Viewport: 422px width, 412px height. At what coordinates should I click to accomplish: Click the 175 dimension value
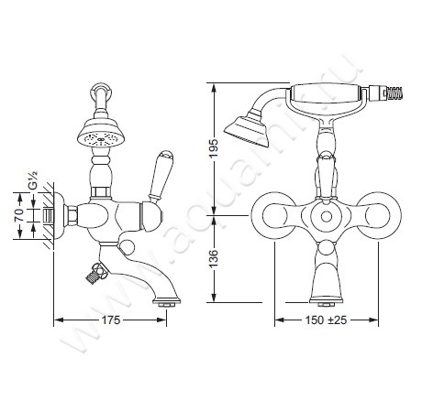point(111,320)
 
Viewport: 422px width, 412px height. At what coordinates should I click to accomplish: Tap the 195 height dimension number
point(213,148)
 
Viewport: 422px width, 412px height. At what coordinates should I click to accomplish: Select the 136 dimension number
point(213,259)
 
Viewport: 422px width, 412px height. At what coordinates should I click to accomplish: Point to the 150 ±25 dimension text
point(326,320)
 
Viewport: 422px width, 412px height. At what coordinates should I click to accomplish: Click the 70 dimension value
point(19,215)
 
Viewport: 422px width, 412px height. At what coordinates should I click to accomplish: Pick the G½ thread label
point(33,180)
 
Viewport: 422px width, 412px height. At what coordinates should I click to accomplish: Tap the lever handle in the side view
point(161,177)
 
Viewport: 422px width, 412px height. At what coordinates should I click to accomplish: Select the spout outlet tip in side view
point(167,302)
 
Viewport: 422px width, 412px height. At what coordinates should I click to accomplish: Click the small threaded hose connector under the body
point(95,274)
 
